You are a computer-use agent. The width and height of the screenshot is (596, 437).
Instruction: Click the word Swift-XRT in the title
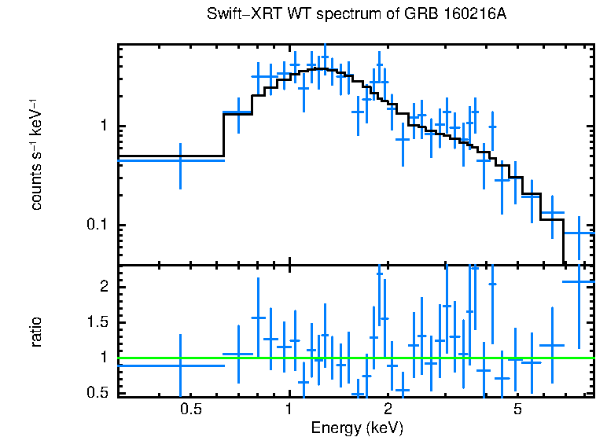pos(238,15)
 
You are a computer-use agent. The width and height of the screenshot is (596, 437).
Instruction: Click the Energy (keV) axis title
pos(356,428)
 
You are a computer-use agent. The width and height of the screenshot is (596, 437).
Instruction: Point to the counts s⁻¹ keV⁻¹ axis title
pos(35,154)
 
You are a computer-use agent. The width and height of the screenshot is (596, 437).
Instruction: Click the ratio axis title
pos(35,332)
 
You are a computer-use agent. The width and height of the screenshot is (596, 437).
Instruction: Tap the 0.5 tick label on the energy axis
pos(189,409)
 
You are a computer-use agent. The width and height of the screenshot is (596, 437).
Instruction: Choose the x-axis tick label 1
pos(289,409)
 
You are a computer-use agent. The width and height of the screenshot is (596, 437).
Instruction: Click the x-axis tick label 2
pos(388,409)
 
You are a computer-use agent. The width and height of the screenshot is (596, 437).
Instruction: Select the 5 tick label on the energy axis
pos(518,409)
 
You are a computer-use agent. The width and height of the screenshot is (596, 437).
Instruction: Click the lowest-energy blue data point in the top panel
pos(180,160)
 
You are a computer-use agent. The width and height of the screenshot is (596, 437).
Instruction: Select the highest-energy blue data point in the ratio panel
pos(579,281)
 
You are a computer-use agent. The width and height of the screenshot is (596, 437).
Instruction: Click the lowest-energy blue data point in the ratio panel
pos(180,365)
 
